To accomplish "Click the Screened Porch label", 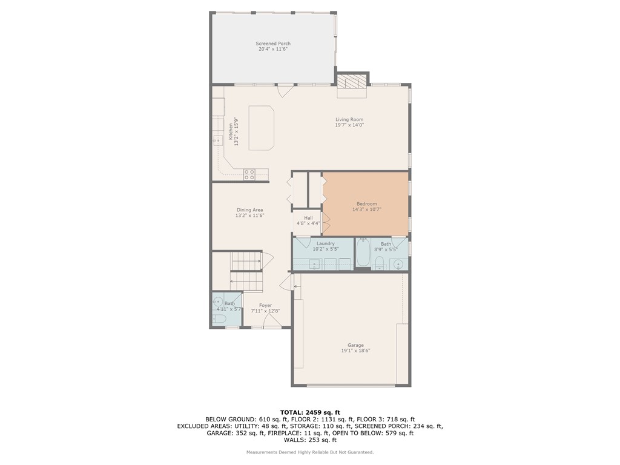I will coord(272,44).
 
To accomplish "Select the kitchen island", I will coord(261,127).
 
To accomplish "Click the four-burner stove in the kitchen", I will coord(249,174).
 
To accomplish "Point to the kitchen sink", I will coord(217,140).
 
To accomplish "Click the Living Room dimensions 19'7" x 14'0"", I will coord(349,125).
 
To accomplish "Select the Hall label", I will coord(308,217).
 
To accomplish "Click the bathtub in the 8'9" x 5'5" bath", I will coord(363,253).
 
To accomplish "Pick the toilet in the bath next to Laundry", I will coord(380,262).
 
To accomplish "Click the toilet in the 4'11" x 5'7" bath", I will coord(220,319).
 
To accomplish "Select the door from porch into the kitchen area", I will coord(285,91).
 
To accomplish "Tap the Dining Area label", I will coord(249,210).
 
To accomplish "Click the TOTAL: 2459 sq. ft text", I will coord(309,412).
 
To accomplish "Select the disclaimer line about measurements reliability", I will coord(309,452).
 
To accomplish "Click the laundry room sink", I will coord(314,263).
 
